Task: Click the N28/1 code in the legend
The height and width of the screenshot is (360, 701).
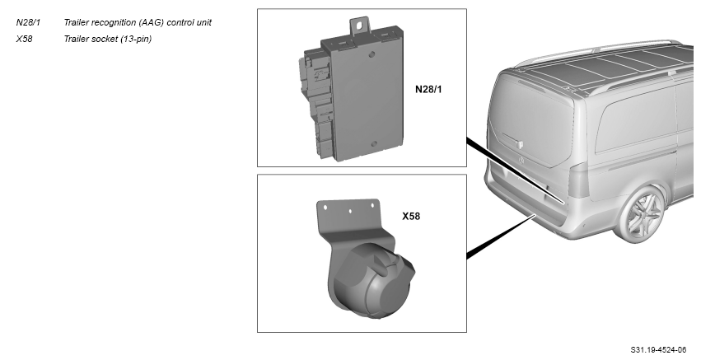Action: (28, 22)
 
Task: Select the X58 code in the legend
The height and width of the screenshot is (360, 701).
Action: (24, 39)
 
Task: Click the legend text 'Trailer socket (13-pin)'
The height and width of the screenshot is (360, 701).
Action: (108, 39)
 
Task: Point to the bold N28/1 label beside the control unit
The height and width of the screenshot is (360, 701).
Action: (428, 90)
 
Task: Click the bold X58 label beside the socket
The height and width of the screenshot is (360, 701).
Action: (411, 217)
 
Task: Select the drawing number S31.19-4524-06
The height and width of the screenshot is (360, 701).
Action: (658, 350)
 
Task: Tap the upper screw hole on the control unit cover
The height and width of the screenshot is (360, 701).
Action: (371, 54)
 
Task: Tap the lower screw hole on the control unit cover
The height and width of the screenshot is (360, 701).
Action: (374, 144)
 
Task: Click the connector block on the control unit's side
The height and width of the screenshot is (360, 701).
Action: (316, 103)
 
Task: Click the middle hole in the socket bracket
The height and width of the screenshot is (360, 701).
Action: (350, 211)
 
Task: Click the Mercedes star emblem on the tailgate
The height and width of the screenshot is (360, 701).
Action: (521, 160)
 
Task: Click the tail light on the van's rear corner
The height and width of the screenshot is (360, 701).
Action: (578, 180)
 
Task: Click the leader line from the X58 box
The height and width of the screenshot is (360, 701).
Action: (501, 236)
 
